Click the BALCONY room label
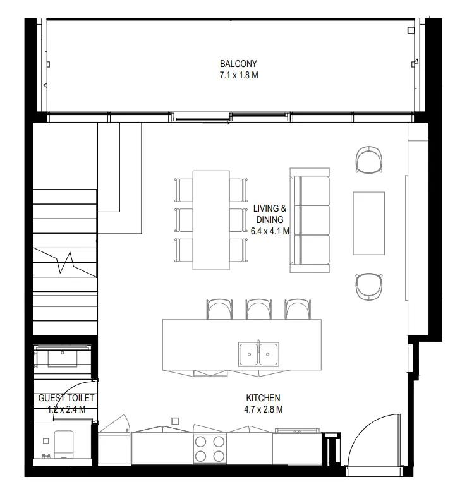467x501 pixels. click(x=238, y=64)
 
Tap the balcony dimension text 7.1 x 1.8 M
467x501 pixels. click(x=238, y=75)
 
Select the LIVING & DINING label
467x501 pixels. click(x=270, y=213)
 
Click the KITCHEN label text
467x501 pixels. click(x=263, y=398)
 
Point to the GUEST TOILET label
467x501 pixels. click(x=66, y=398)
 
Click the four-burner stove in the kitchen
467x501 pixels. click(x=210, y=449)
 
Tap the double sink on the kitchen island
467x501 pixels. click(x=258, y=354)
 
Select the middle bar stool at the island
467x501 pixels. click(x=258, y=309)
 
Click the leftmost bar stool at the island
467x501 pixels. click(x=219, y=309)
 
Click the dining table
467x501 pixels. click(x=210, y=219)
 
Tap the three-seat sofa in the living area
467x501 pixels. click(x=310, y=220)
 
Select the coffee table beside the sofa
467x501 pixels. click(x=368, y=223)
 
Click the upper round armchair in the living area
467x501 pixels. click(x=369, y=159)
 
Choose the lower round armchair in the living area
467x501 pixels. click(x=369, y=286)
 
